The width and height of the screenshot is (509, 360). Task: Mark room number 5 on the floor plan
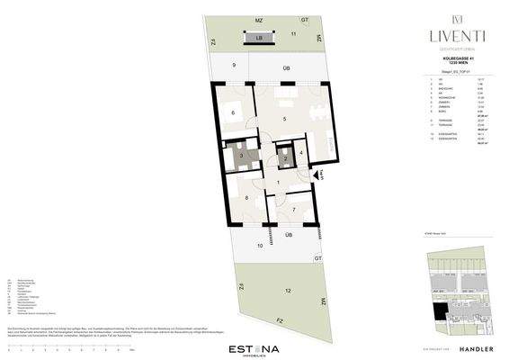coord(284,120)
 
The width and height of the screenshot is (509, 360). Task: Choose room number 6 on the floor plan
coord(233,112)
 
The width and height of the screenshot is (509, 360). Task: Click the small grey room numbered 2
coord(284,158)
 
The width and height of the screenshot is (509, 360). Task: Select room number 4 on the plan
coord(300,153)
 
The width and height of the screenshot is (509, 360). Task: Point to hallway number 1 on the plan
coord(279,184)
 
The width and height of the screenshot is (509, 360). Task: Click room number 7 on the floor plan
coord(295,211)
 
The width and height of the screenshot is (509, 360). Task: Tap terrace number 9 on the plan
coord(233,66)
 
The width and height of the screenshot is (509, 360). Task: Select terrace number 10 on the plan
coord(260,244)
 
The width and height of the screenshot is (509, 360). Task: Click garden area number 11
coord(293,32)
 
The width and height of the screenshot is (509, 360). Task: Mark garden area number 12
coord(287,292)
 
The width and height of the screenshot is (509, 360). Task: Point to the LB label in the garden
coord(258,39)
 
